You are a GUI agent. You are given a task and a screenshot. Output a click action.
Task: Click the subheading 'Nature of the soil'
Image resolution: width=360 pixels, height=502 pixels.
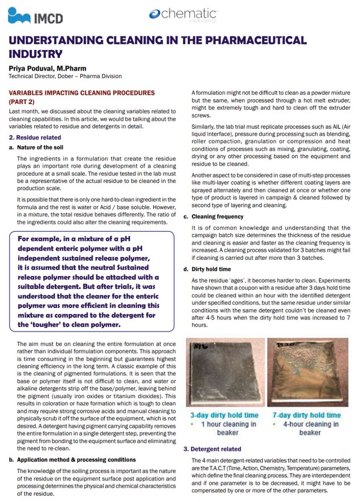pos(41,147)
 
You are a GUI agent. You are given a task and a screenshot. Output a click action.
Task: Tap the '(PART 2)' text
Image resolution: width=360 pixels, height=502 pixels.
pos(22,101)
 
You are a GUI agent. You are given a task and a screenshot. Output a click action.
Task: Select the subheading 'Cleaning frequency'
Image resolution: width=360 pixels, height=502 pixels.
pos(217,217)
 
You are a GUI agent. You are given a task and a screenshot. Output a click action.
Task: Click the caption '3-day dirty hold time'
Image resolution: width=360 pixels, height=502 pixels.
pos(224,415)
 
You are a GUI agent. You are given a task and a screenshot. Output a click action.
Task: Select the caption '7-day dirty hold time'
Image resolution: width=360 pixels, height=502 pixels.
pos(306,415)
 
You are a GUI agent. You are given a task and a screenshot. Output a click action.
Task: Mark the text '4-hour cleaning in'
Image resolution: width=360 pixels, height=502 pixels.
pos(310,424)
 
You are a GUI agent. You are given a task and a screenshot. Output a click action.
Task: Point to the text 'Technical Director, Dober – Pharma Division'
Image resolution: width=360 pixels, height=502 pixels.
pos(65,76)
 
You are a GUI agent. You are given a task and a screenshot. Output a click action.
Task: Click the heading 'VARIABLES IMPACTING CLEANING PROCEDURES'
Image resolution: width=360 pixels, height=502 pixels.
pos(82,93)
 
